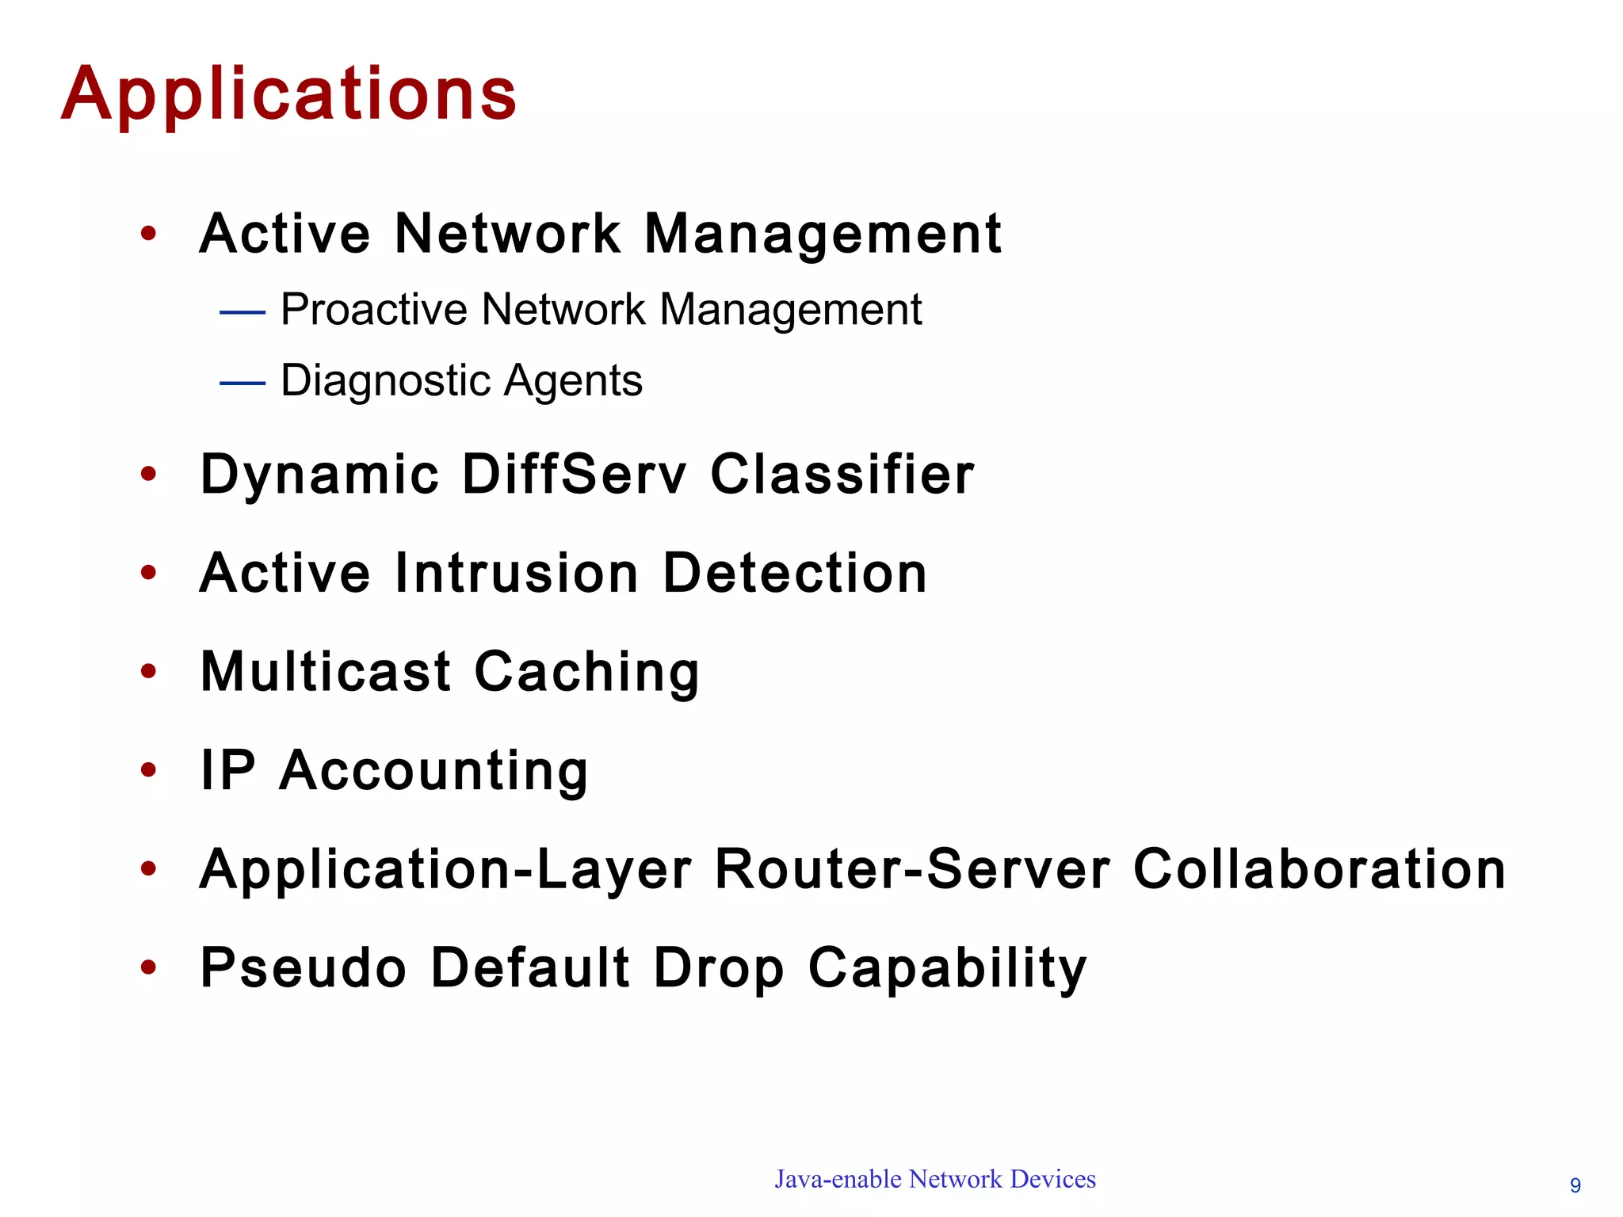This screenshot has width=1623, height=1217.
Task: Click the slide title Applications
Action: [x=289, y=95]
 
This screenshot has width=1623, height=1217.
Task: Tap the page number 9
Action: [x=1575, y=1185]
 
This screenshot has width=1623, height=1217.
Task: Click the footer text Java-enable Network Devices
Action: [x=935, y=1179]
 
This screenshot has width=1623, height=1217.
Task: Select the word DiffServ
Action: [x=575, y=475]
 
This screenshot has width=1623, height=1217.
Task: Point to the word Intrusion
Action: [x=517, y=573]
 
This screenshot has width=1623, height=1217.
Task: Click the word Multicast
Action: [x=326, y=672]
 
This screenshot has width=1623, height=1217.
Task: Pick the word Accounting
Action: [x=433, y=771]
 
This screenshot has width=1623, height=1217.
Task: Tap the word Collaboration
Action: [x=1319, y=869]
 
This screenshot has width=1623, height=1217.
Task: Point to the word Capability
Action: [x=948, y=969]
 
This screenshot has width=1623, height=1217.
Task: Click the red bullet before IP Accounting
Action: [x=148, y=770]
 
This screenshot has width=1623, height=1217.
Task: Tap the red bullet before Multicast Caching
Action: [x=148, y=671]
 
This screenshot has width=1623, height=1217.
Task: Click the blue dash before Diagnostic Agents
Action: [x=242, y=383]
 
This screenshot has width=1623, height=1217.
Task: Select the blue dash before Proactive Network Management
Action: [x=242, y=313]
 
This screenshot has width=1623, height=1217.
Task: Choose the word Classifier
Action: [x=842, y=475]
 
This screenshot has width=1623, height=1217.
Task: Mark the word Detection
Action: [x=795, y=573]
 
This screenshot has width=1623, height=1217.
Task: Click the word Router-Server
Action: [x=913, y=869]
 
